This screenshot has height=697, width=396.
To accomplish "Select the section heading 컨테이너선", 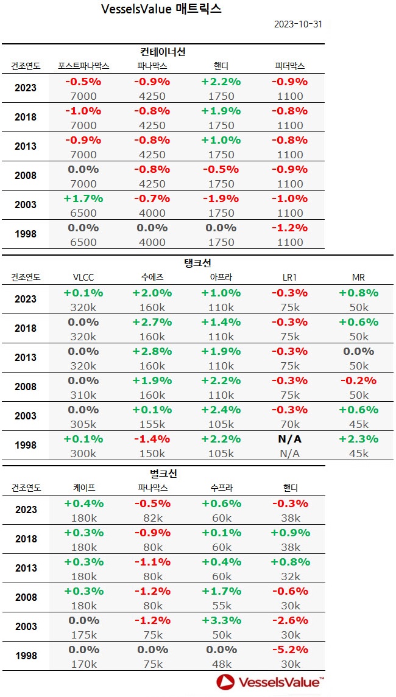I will click(x=163, y=52).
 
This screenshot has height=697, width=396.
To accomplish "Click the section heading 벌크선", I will click(x=163, y=474).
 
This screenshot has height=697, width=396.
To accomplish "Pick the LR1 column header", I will click(x=290, y=277).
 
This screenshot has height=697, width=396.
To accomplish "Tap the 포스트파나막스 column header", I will click(x=83, y=66).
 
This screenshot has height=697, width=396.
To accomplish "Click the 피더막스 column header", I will click(x=290, y=66).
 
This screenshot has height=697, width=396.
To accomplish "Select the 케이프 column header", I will click(x=83, y=488).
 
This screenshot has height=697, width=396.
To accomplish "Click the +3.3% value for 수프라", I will click(x=221, y=620).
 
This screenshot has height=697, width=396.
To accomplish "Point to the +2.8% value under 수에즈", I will click(x=152, y=351).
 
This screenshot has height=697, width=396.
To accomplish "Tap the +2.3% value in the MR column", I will click(x=359, y=439).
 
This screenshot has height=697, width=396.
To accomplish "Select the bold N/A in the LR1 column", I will click(x=290, y=439).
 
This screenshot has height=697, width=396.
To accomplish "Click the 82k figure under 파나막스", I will click(x=152, y=518).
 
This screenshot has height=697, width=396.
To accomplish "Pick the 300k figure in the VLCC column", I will click(x=83, y=454).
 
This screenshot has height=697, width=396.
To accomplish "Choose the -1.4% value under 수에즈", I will click(x=152, y=439).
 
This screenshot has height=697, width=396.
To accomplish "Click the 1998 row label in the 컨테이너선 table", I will click(x=26, y=234).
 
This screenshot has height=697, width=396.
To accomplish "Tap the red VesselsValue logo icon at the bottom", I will click(x=226, y=682).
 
